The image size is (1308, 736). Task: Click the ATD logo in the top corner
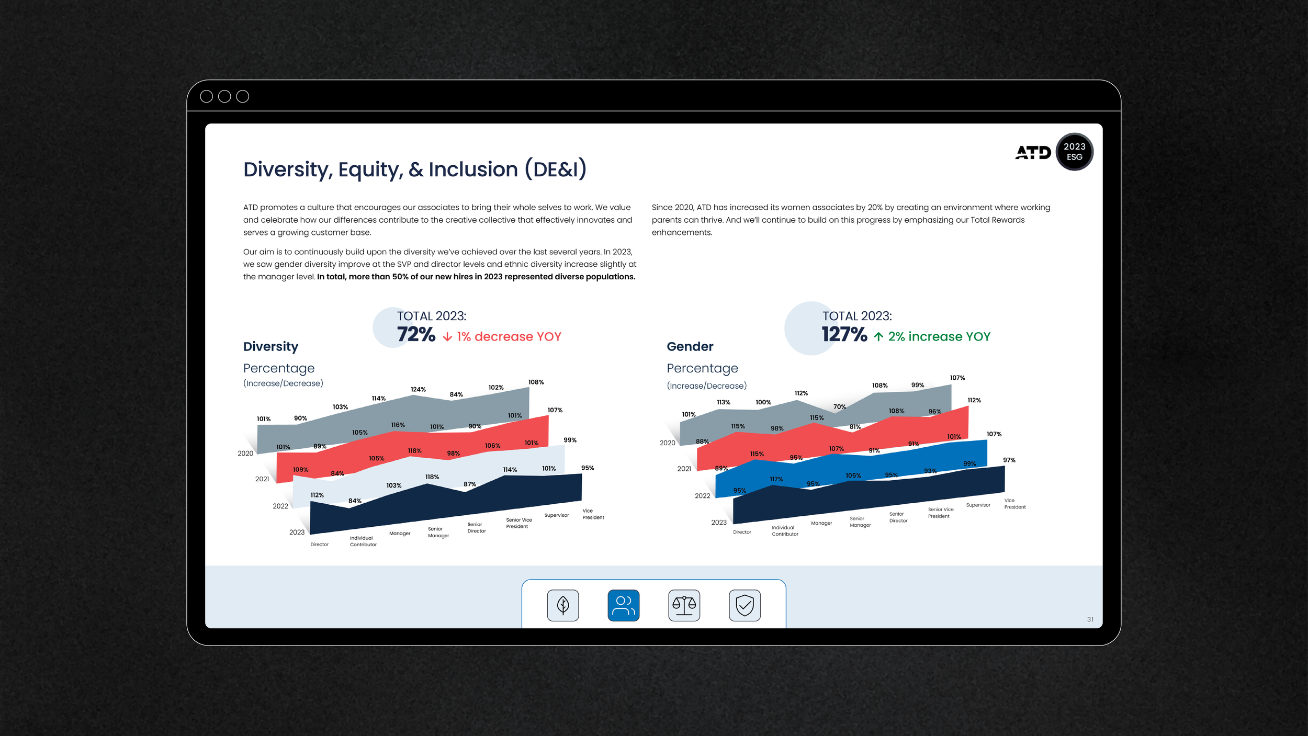tap(1033, 152)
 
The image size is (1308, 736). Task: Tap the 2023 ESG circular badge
tap(1074, 152)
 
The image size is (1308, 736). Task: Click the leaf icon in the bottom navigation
tap(563, 605)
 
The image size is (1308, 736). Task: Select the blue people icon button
tap(623, 605)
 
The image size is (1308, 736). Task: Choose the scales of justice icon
tap(684, 605)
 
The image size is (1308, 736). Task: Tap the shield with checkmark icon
tap(745, 605)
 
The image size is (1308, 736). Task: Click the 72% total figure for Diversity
tap(416, 334)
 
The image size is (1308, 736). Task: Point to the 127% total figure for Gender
tap(844, 334)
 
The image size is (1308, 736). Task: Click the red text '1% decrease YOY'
tap(509, 336)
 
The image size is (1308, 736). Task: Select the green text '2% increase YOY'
tap(939, 336)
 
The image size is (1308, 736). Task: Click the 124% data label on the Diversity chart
tap(418, 389)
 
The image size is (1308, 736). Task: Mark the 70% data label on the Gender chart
tap(839, 406)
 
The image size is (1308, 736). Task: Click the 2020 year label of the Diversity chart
tap(245, 453)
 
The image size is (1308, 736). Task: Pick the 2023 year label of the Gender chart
tap(718, 522)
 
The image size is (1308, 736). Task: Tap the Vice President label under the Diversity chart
tap(593, 514)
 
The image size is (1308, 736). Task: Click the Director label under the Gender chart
tap(742, 532)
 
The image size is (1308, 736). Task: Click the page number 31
tap(1090, 619)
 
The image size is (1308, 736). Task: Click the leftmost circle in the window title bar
tap(207, 96)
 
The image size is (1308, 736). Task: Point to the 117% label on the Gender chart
tap(776, 479)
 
